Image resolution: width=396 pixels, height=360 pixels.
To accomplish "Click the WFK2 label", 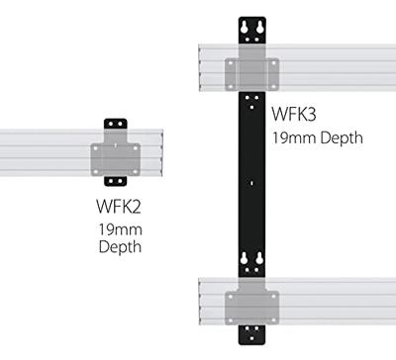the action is coord(118,209).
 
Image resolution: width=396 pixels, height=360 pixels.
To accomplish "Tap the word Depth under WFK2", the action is coord(118,246).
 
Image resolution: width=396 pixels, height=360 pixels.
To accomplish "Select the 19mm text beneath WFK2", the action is coord(118,228).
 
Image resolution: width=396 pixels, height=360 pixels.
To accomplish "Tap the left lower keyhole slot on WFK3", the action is coord(246,262).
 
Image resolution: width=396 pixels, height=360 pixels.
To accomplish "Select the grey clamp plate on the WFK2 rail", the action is coord(117,156).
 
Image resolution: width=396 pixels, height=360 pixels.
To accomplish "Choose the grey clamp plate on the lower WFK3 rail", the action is coord(253,303).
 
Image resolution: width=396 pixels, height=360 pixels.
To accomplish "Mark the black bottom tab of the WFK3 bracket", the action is coord(253,331).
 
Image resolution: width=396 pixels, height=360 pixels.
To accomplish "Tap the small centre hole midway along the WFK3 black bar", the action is coord(253,181).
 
